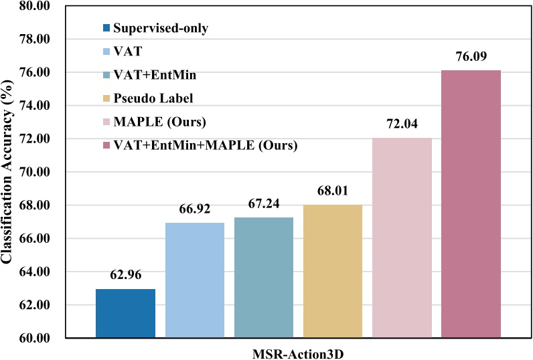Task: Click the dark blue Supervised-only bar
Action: (x=125, y=313)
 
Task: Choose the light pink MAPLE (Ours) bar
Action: (x=402, y=238)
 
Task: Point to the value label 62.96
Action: (x=125, y=274)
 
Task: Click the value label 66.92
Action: (x=194, y=208)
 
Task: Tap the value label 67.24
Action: (x=263, y=203)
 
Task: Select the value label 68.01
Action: (x=333, y=190)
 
